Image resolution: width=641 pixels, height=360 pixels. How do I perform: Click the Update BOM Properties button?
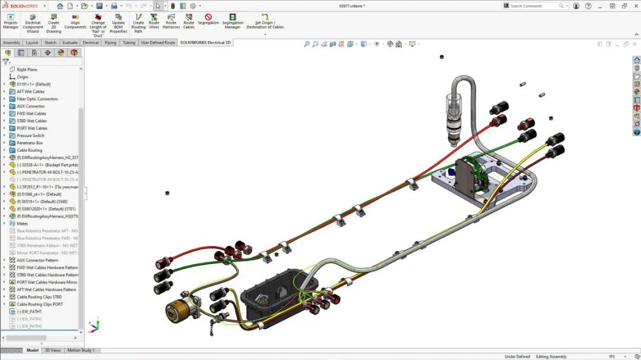(x=118, y=23)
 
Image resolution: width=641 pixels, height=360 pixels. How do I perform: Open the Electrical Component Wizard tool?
(x=33, y=23)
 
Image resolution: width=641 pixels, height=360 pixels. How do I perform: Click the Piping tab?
(x=110, y=43)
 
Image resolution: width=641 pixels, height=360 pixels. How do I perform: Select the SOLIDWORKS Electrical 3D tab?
(x=205, y=43)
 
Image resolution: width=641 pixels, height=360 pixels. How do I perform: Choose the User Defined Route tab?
(x=158, y=43)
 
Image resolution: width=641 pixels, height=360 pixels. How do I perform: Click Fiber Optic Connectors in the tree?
(x=37, y=99)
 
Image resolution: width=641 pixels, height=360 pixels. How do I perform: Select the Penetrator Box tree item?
(x=30, y=143)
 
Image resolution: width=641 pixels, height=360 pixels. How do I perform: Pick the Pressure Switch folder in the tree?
(x=30, y=136)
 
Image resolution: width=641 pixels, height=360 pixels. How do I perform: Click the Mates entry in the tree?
(x=22, y=224)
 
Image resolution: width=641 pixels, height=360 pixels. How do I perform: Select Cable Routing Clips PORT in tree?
(x=39, y=304)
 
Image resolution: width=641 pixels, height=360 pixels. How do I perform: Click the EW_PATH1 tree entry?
(x=29, y=311)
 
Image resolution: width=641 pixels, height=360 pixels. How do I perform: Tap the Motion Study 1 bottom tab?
(x=81, y=351)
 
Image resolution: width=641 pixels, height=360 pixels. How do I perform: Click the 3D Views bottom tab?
(x=53, y=351)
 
